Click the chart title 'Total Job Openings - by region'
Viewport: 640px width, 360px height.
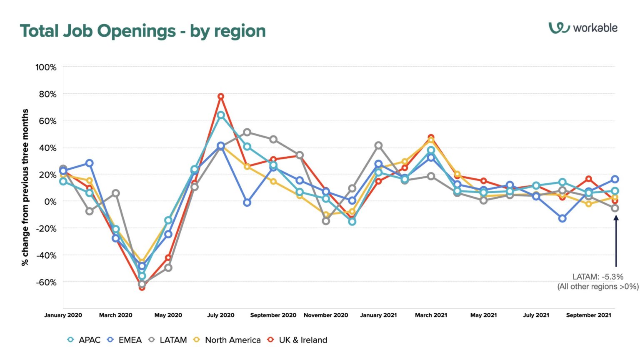(142, 31)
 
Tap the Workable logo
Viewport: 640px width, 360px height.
(582, 28)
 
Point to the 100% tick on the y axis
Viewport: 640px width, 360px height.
(46, 67)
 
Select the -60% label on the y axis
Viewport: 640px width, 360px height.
(46, 282)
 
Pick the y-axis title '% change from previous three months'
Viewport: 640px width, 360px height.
(25, 187)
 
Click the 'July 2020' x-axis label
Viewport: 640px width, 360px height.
(221, 315)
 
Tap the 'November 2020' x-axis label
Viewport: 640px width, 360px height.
(326, 315)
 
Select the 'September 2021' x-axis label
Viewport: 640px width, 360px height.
(588, 315)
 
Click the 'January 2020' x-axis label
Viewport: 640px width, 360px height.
(63, 315)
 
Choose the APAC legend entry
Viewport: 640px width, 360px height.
(84, 340)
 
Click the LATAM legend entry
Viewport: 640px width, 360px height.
(168, 340)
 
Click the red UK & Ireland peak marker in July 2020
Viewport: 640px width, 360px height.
(221, 97)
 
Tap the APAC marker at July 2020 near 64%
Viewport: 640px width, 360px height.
(221, 115)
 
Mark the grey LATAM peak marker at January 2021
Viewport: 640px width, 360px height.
(378, 145)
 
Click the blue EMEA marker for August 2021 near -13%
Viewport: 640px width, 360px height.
(562, 218)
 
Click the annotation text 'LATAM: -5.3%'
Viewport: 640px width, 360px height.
(597, 277)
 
